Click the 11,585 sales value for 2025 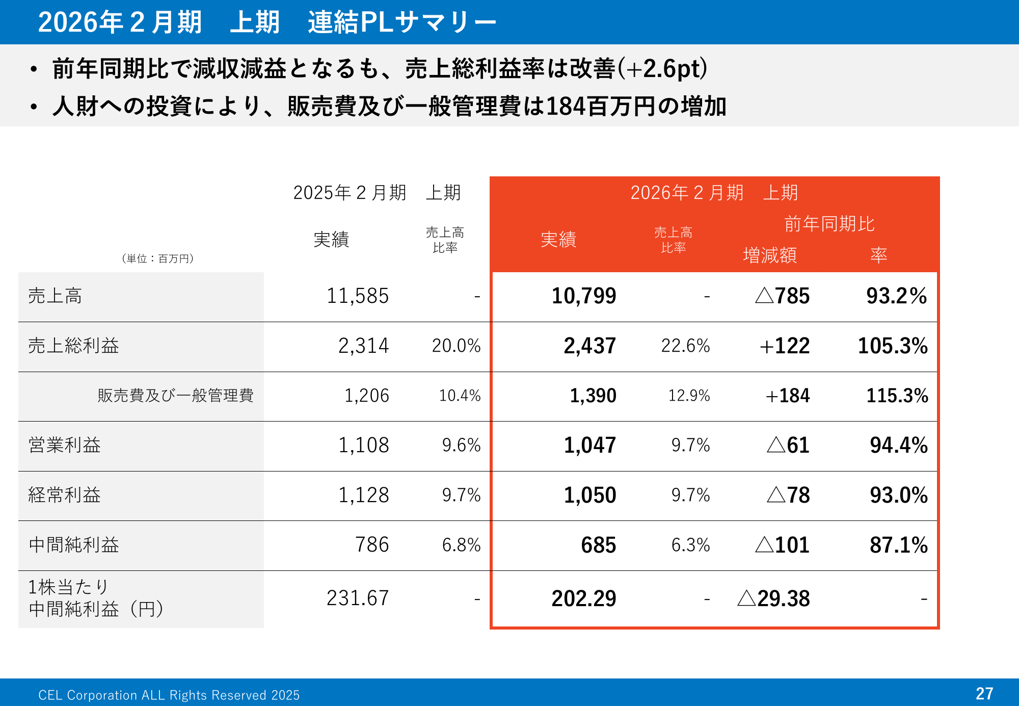click(358, 296)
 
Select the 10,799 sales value click(584, 296)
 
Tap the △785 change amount click(782, 296)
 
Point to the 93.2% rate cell click(897, 296)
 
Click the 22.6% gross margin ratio click(685, 346)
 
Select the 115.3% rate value click(897, 396)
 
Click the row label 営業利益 click(65, 446)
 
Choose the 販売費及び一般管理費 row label click(175, 396)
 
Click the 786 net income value click(372, 545)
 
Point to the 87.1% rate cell click(899, 545)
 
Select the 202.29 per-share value click(584, 598)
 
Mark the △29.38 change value click(773, 598)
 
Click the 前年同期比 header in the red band click(829, 224)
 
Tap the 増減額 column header click(770, 255)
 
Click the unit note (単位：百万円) click(157, 259)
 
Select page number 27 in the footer click(984, 694)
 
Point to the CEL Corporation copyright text click(169, 695)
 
